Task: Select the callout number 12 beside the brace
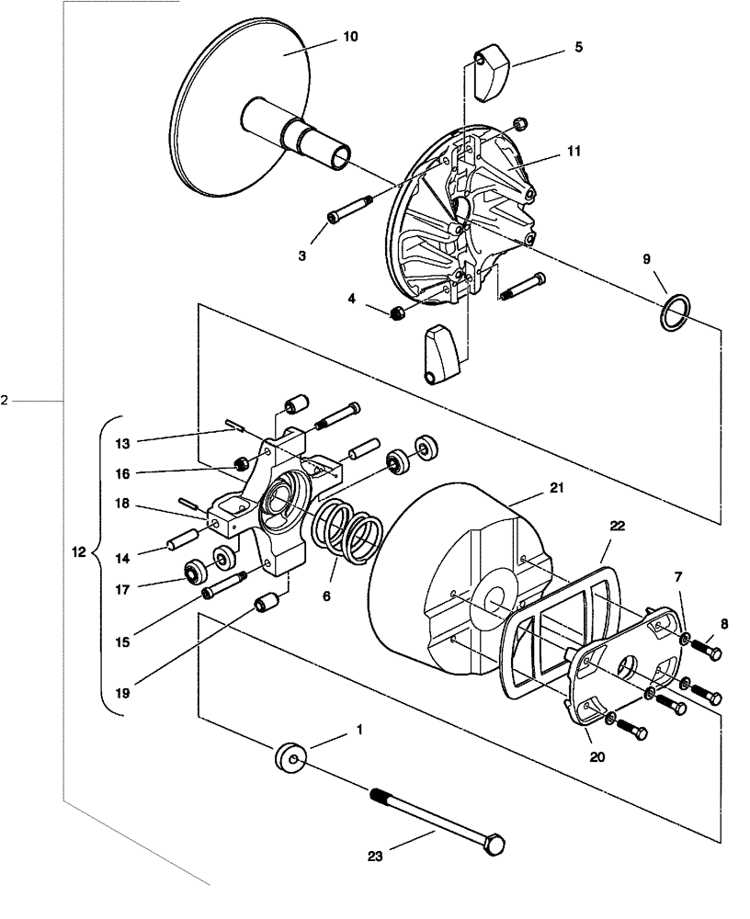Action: point(77,553)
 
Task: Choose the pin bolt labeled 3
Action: point(349,209)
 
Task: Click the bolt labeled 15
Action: point(223,585)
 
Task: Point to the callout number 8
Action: point(723,623)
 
